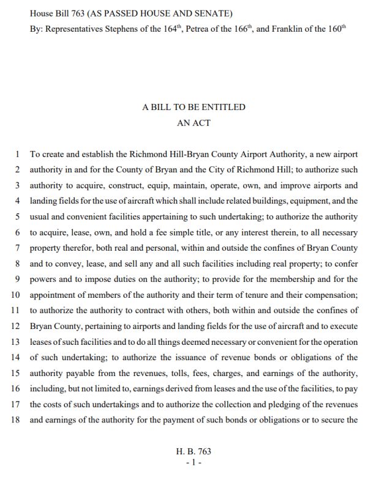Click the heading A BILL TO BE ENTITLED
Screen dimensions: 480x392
(x=194, y=107)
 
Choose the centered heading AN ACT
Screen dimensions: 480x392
(x=194, y=123)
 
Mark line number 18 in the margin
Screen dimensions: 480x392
(x=16, y=420)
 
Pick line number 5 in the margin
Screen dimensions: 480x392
(x=18, y=216)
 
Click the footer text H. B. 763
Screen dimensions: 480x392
(x=194, y=451)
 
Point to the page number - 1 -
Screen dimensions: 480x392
(x=194, y=462)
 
